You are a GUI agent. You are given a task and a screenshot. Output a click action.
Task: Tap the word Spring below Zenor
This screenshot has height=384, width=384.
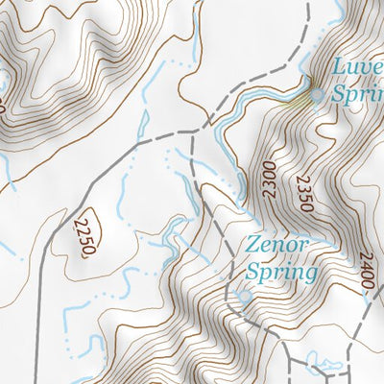pyautogui.click(x=280, y=273)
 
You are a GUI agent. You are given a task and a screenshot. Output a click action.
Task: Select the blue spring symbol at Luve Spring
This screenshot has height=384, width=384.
pyautogui.click(x=317, y=94)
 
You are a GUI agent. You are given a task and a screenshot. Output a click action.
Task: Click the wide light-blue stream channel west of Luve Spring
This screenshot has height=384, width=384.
pyautogui.click(x=259, y=96)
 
